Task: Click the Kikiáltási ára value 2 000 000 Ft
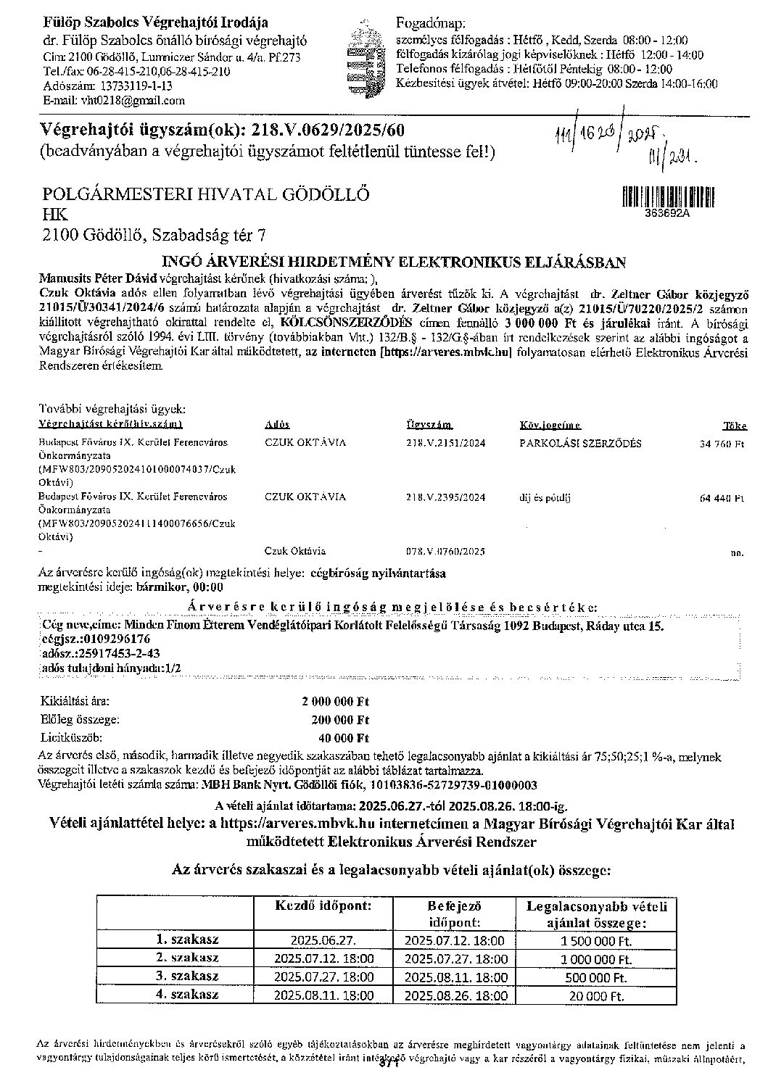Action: click(x=335, y=702)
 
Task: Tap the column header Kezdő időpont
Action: click(x=323, y=906)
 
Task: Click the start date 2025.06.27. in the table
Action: click(x=323, y=940)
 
